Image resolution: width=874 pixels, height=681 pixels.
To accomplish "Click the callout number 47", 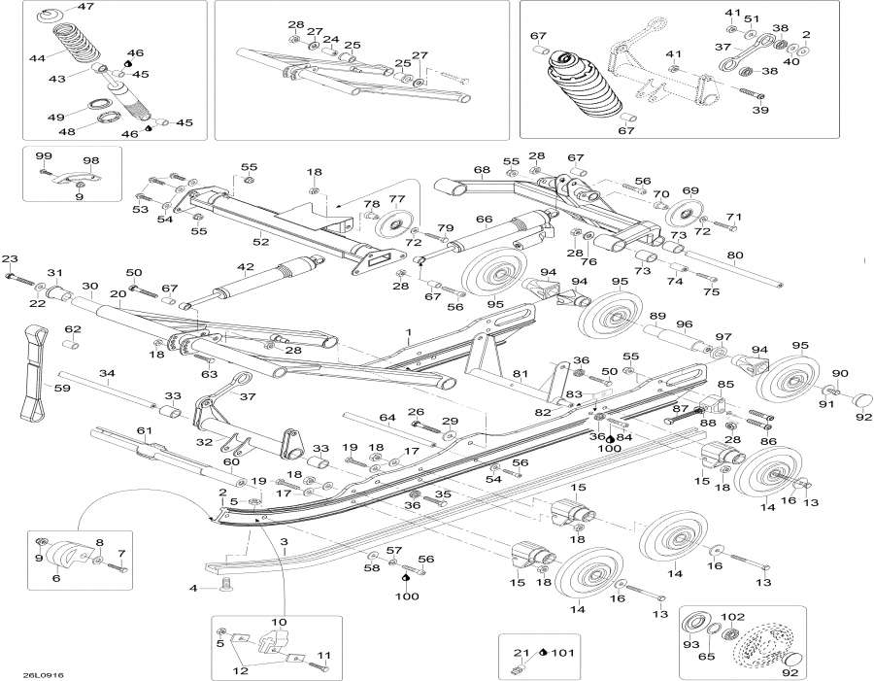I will pos(85,7).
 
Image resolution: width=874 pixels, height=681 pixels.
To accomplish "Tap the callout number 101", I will pos(561,651).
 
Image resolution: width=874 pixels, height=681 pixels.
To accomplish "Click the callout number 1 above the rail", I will pos(409,331).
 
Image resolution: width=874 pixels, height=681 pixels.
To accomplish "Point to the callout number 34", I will pos(107,373).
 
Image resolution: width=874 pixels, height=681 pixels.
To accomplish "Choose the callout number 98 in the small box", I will pos(91,160).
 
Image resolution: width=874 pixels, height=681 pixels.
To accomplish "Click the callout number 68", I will pos(482,170).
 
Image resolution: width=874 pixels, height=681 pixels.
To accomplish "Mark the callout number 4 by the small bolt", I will pos(193,588).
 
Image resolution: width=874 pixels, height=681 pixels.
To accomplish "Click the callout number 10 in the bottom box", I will pos(278,621).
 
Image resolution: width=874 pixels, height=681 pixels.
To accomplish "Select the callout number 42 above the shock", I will pos(245,267).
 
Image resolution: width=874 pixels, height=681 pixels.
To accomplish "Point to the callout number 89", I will pos(657,317).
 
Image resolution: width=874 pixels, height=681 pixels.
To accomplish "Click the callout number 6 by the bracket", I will pos(55,578).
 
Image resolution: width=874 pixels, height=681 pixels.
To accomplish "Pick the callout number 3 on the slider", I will pos(284,540).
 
